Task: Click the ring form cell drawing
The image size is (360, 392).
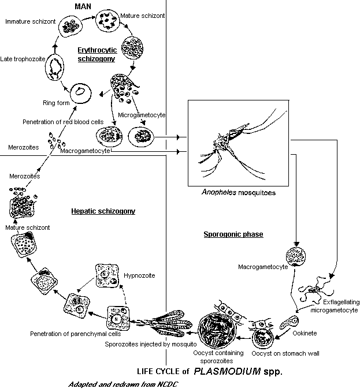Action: click(80, 93)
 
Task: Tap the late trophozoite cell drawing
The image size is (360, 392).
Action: click(54, 68)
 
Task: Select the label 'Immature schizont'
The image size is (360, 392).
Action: click(30, 21)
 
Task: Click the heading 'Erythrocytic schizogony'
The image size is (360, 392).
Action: click(97, 54)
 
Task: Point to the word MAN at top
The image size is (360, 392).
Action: click(83, 6)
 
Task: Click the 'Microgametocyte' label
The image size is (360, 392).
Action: click(142, 115)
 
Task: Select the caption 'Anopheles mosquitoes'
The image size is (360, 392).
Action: click(239, 192)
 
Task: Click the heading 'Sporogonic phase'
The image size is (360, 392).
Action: click(233, 234)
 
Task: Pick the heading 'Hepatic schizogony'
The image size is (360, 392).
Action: click(103, 211)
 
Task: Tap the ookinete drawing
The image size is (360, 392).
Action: click(289, 323)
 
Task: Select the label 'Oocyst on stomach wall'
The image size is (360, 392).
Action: click(285, 353)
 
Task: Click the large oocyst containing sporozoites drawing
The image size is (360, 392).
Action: click(217, 330)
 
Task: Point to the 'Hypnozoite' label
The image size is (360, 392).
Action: click(139, 275)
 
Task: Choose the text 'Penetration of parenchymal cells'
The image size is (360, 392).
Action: click(75, 334)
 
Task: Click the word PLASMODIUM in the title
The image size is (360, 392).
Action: click(227, 371)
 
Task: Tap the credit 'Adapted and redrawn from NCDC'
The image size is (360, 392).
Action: click(123, 384)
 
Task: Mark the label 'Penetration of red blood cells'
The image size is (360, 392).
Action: click(63, 122)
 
